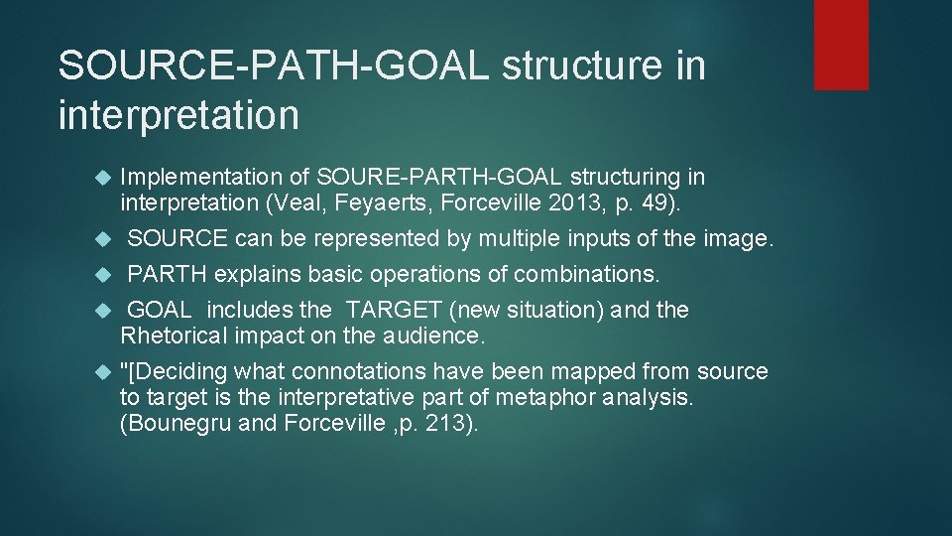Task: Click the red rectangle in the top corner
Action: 841,45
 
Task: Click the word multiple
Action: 525,239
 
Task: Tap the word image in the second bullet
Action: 734,239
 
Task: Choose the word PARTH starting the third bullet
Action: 168,274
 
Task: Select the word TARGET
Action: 392,310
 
